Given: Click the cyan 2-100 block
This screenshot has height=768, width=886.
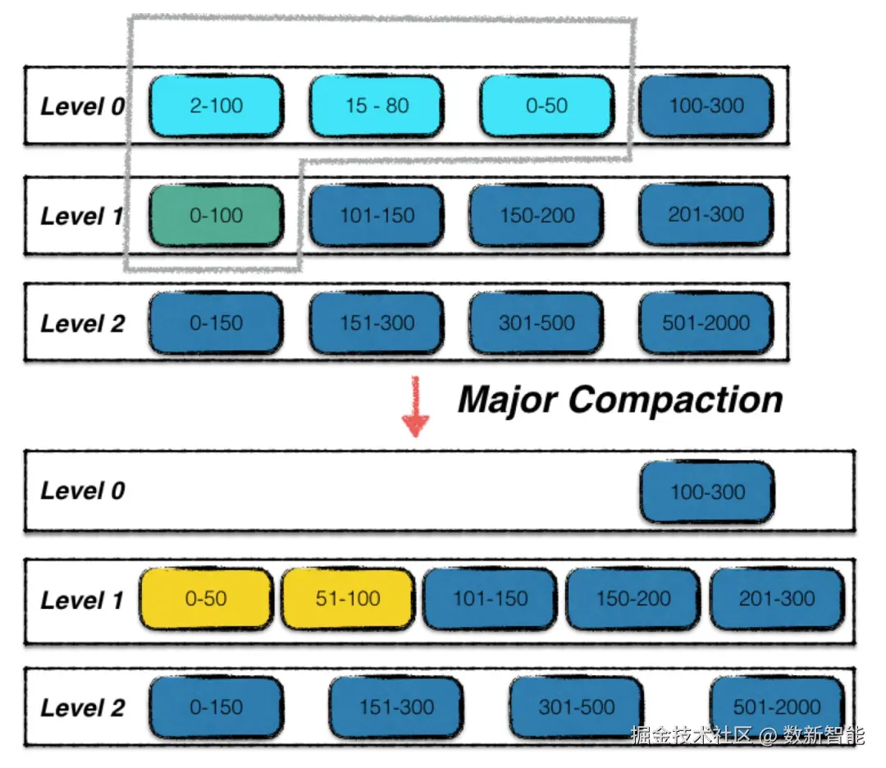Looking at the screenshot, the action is pos(217,106).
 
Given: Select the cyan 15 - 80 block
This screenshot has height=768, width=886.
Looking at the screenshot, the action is pos(377,106).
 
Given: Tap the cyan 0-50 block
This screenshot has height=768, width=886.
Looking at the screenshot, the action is pos(547,106).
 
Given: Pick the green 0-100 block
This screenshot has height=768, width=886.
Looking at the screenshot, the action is pos(217,215).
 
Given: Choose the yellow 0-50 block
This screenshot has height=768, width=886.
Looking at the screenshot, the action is pos(206,599).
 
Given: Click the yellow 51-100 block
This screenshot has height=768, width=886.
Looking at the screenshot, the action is pos(348,599).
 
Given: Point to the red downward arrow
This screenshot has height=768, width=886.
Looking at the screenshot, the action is pos(415,407).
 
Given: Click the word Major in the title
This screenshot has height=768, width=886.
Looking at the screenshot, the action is pos(508,400).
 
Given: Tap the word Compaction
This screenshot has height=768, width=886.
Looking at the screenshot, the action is pos(676,400).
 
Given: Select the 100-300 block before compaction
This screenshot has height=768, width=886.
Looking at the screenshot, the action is pos(706,106).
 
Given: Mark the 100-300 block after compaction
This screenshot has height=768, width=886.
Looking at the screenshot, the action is pos(707,492).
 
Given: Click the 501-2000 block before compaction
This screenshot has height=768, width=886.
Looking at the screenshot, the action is pos(706,323).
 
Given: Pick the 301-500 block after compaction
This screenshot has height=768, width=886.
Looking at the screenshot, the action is pos(577,707).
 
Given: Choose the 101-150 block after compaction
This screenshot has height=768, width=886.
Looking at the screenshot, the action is pos(491,599).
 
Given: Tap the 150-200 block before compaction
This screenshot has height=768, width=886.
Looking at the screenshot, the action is pos(537,215).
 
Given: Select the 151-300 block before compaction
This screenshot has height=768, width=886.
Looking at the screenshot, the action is pos(377,323).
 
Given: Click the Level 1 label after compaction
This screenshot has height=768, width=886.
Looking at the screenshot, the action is pos(83,600).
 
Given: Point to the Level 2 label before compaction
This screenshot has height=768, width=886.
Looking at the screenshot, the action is pos(83,324).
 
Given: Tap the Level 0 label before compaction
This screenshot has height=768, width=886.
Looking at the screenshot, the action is pos(83,106).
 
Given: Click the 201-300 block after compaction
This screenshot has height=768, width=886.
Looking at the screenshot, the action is pos(777,599).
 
